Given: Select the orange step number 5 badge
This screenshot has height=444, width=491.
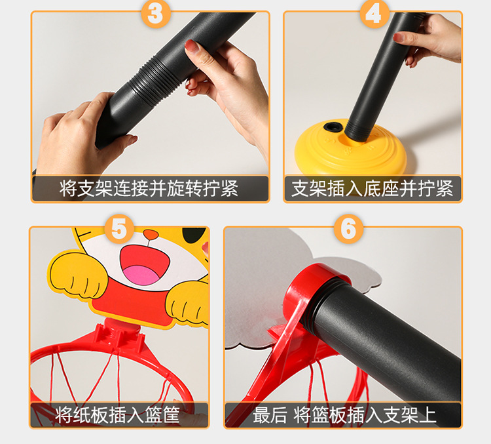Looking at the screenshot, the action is coord(119,229).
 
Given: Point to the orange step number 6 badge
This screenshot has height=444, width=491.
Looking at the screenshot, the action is coord(348,229).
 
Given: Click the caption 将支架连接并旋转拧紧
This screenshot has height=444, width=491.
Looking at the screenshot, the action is coord(149,189).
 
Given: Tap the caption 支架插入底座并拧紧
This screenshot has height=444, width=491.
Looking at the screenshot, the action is coord(373,189).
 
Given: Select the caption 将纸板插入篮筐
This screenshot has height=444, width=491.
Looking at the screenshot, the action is coord(118,415).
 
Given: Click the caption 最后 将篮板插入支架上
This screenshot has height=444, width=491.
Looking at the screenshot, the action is coord(344,415).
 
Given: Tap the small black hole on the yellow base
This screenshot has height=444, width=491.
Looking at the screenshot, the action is coord(332,127).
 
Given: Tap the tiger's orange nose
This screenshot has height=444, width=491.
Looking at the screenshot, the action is coord(151,234).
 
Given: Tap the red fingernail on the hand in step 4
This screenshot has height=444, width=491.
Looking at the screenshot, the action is coord(398,37).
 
